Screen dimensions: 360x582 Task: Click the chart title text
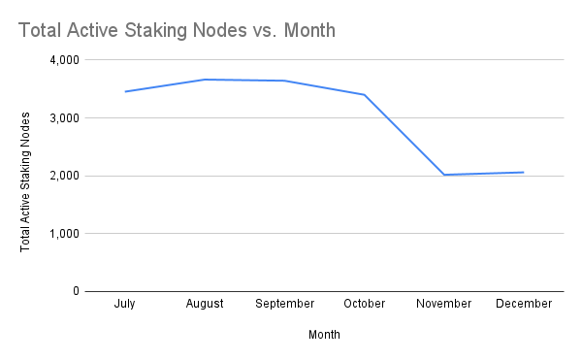[x=177, y=30]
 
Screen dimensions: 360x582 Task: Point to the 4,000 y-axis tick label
[x=64, y=60]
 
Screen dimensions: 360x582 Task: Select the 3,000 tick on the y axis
[x=64, y=118]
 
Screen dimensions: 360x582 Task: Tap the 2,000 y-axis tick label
[x=64, y=176]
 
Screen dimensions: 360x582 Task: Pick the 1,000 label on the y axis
[x=64, y=234]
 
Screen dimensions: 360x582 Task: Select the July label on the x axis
[x=124, y=304]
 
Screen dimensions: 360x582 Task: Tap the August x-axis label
[x=205, y=304]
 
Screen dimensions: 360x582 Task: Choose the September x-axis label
[x=284, y=304]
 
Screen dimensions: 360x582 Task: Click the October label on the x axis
[x=364, y=304]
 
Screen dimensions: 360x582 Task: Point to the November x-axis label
[x=443, y=304]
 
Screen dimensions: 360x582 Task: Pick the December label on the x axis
[x=524, y=304]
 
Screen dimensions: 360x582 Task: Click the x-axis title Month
[x=324, y=335]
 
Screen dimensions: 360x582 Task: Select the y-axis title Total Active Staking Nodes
[x=26, y=181]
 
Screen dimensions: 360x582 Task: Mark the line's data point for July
[x=124, y=92]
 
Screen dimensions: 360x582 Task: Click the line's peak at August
[x=205, y=80]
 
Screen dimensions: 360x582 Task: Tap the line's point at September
[x=284, y=81]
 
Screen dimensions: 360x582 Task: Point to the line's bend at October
[x=364, y=94]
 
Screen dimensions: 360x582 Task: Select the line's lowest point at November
[x=443, y=175]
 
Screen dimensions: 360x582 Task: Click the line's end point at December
[x=524, y=173]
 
